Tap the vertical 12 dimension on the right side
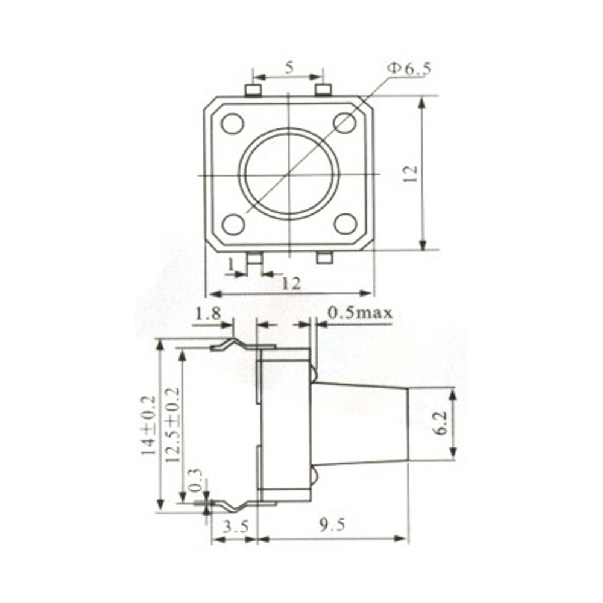coord(411,174)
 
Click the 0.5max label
coord(360,312)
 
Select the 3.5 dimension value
coord(235,526)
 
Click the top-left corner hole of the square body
coord(232,124)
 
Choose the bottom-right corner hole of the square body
coord(346,224)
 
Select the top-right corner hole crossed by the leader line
coord(346,123)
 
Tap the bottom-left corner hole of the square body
coord(232,224)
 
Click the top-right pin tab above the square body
coord(324,90)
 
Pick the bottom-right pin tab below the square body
coord(324,258)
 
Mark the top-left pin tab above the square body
coord(253,90)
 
